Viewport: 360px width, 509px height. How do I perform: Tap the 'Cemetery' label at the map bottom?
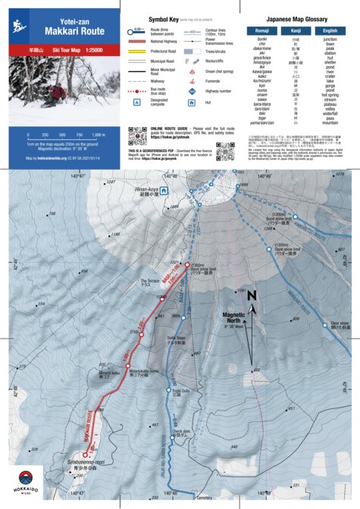coord(205,498)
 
